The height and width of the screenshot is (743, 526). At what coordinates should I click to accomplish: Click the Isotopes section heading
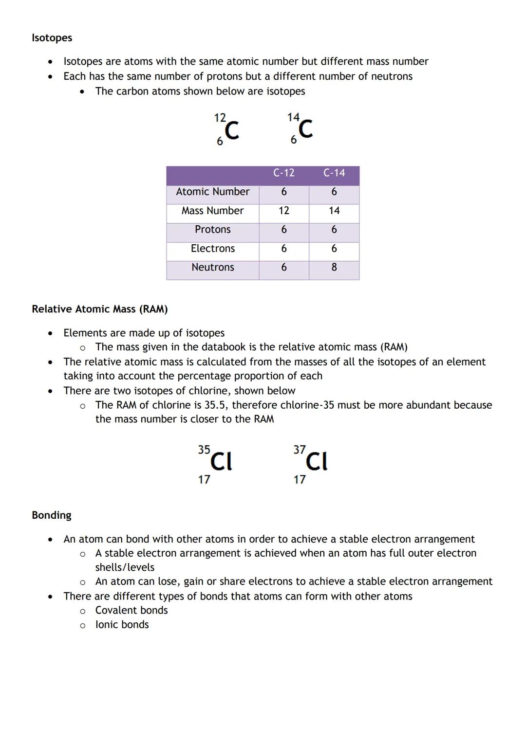(x=52, y=38)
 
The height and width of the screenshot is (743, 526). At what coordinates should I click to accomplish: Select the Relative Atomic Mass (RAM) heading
(x=99, y=309)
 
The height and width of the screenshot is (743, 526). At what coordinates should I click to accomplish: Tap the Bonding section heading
(x=51, y=515)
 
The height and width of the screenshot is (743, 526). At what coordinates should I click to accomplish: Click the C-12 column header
(x=283, y=173)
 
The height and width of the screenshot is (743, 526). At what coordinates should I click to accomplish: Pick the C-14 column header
(x=334, y=173)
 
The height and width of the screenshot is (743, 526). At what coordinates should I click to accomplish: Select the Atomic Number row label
(x=212, y=192)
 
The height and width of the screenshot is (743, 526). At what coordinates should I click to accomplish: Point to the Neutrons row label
(x=212, y=267)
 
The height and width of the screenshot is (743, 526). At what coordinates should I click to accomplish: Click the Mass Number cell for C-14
(x=334, y=211)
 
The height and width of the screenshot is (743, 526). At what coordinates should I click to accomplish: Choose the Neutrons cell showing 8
(x=334, y=267)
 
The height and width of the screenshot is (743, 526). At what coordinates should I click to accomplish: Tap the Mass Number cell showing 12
(x=283, y=211)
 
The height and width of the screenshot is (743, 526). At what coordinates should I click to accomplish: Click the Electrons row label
(x=212, y=249)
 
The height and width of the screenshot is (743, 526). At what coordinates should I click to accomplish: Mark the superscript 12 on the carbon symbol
(x=220, y=118)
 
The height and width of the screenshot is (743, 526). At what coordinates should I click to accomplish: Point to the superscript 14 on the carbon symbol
(x=293, y=117)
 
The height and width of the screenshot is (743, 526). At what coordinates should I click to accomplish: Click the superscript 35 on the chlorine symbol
(x=204, y=450)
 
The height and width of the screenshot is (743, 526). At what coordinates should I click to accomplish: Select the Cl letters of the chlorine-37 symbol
(x=317, y=461)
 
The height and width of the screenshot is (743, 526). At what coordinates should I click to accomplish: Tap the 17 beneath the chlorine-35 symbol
(x=204, y=480)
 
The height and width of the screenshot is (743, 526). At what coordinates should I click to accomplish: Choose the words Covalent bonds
(x=131, y=610)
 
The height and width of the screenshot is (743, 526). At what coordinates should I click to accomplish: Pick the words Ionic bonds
(x=122, y=625)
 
